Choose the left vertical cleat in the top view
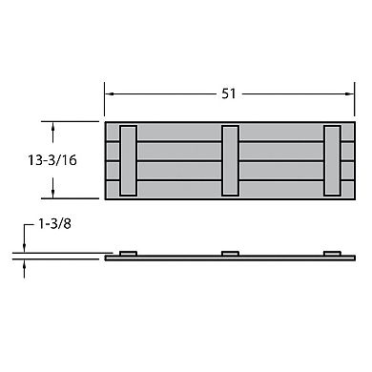[129, 160]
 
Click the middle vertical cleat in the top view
[229, 160]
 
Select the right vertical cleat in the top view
[331, 160]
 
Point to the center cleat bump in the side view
[229, 253]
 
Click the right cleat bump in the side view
[331, 253]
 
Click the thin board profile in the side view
[191, 258]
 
